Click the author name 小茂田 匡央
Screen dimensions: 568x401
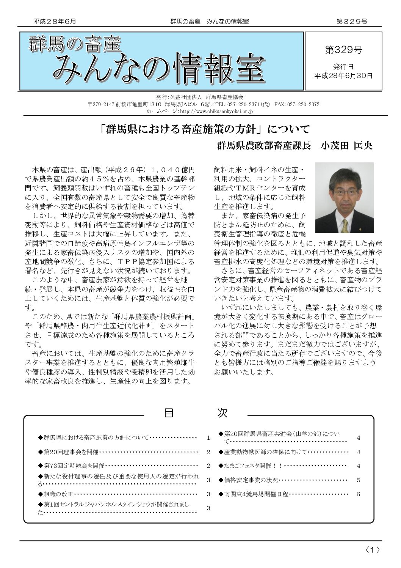click(x=346, y=145)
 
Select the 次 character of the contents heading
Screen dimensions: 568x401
click(x=222, y=413)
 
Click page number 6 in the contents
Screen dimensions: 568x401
click(x=358, y=494)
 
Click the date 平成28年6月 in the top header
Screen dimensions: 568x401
click(x=55, y=22)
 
